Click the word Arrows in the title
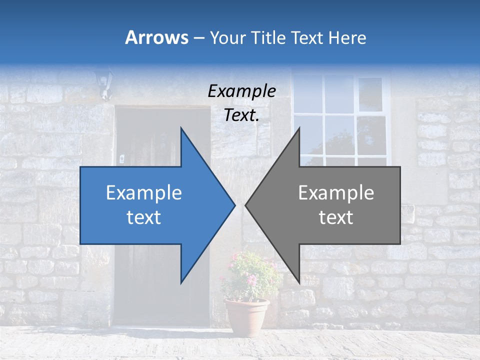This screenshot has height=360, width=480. pos(156,37)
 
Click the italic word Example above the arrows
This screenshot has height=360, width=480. pos(241,91)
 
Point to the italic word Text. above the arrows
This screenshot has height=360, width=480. pos(241,115)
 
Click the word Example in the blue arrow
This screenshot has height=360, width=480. pos(144,193)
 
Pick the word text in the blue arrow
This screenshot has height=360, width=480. pos(144,217)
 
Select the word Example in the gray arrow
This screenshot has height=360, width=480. pos(336,193)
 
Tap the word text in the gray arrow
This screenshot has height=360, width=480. pos(336,217)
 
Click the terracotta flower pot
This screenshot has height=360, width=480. pos(247,317)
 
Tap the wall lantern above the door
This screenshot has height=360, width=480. pos(103,83)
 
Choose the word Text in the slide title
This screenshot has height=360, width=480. pos(307,37)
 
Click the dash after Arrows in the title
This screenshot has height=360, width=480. pos(198,38)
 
